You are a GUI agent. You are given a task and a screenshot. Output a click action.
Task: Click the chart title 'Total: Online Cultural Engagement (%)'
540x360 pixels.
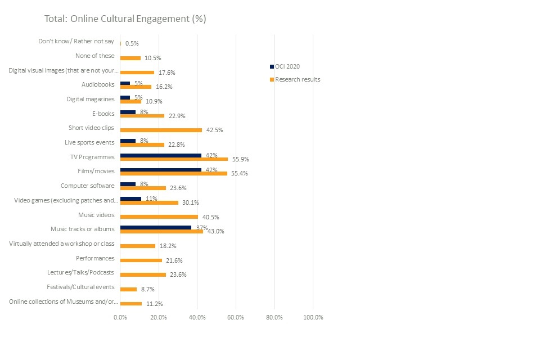pos(125,19)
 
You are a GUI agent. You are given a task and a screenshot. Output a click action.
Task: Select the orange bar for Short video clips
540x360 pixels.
pos(161,130)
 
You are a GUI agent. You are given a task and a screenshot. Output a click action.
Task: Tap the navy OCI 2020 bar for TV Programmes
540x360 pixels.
pos(161,155)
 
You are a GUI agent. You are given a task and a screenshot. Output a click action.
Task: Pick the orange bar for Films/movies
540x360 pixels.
pos(174,173)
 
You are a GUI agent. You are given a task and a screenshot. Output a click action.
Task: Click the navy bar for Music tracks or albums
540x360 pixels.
pos(156,227)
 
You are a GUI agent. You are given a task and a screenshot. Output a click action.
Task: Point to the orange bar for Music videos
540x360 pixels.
pos(159,217)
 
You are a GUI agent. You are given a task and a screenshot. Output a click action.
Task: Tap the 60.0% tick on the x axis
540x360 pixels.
pos(236,317)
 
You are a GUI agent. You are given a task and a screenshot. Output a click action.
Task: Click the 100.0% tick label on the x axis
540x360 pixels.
pos(313,317)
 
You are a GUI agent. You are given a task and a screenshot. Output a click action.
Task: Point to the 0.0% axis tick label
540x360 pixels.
pos(120,317)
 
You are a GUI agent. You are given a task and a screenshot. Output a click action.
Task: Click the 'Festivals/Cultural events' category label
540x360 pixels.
pos(81,287)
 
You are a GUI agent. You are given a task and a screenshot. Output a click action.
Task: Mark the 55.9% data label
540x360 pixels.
pos(240,160)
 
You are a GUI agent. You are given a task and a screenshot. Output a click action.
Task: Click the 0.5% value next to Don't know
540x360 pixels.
pos(132,43)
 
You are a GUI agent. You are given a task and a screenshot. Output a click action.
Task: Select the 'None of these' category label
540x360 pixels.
pos(94,56)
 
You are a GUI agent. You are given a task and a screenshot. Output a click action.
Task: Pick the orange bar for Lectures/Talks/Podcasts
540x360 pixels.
pos(143,274)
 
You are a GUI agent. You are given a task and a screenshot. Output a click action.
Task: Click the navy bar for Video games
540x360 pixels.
pos(130,199)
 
